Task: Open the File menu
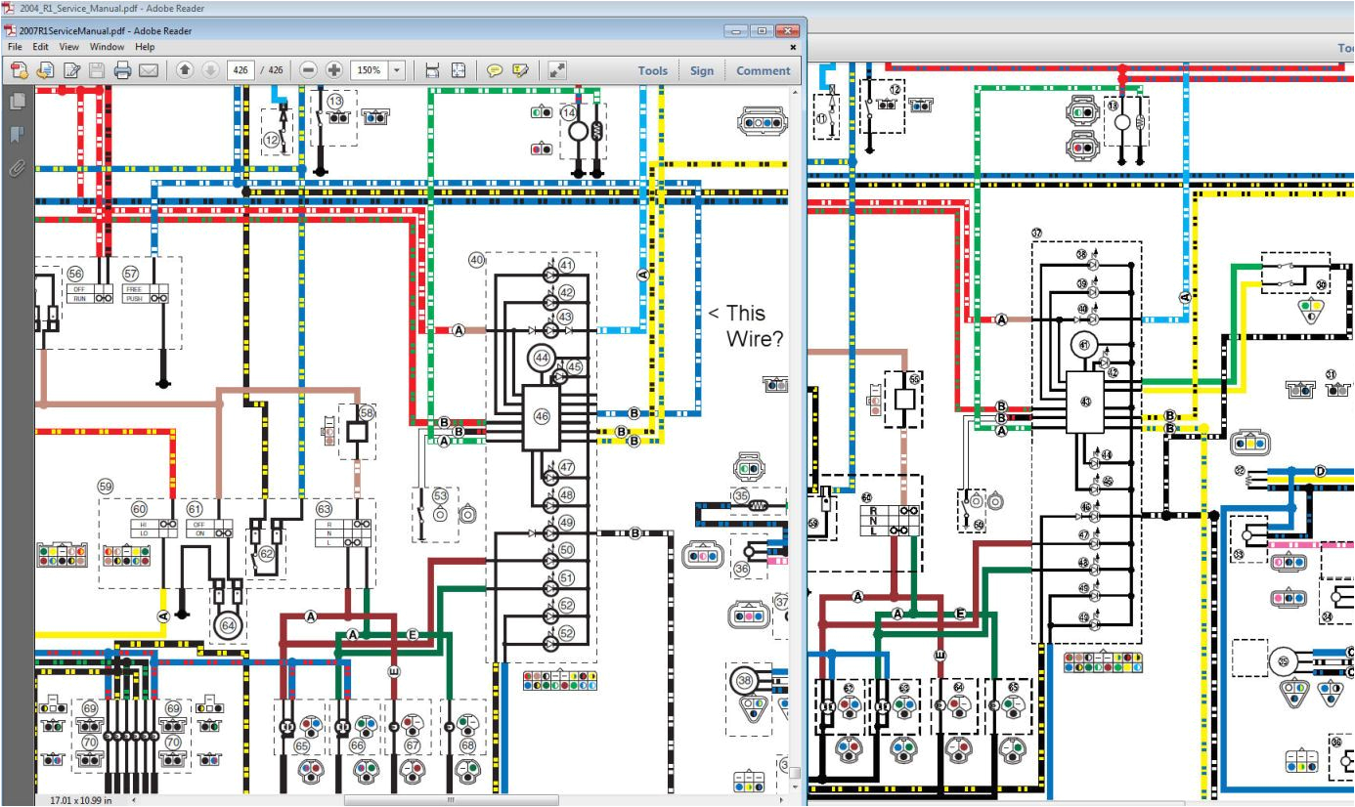tap(14, 47)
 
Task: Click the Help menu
tap(145, 47)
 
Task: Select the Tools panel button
tap(652, 70)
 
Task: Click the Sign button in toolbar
tap(701, 70)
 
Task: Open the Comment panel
tap(763, 70)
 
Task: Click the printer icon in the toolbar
tap(122, 70)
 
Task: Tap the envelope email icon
tap(148, 70)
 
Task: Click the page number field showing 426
tap(240, 70)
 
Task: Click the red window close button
tap(785, 31)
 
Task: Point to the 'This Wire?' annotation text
tap(746, 325)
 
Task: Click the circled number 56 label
tap(75, 275)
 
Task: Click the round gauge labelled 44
tap(541, 359)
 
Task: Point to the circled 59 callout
tap(105, 486)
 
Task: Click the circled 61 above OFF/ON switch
tap(195, 508)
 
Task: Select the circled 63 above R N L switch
tap(323, 508)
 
